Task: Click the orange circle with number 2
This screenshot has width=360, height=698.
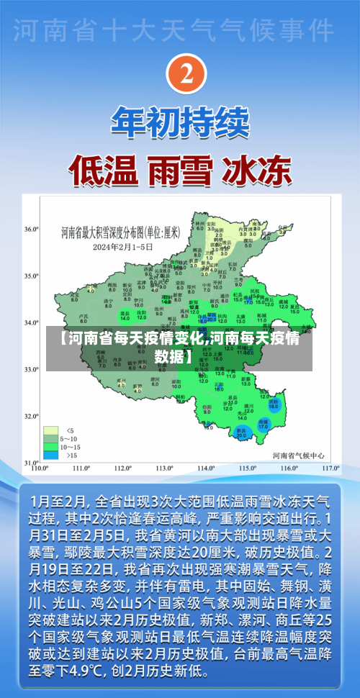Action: (x=186, y=74)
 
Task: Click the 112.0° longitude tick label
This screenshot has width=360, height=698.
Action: (x=122, y=468)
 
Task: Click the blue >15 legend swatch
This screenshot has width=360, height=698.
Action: (x=51, y=455)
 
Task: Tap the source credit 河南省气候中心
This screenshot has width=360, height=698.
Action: (x=298, y=455)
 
